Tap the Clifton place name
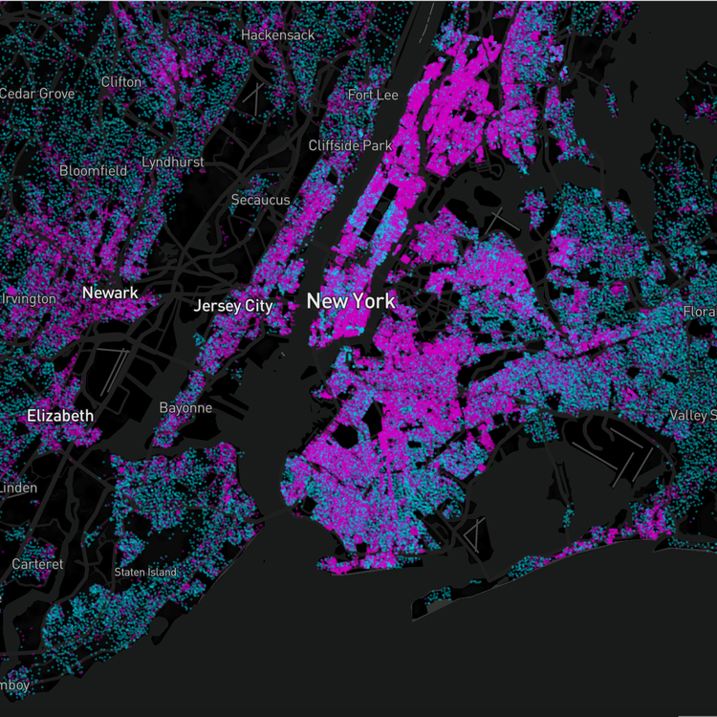click(x=120, y=82)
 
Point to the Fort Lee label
click(x=373, y=96)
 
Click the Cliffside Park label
click(x=350, y=145)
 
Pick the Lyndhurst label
click(x=172, y=163)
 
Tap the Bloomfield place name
click(x=93, y=171)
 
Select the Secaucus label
click(x=260, y=200)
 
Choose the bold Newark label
click(x=110, y=293)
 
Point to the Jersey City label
click(x=233, y=306)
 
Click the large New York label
click(x=350, y=301)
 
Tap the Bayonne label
click(x=185, y=408)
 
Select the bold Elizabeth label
click(x=60, y=416)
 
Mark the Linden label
click(x=19, y=489)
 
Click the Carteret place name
click(x=37, y=564)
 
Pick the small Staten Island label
click(x=145, y=572)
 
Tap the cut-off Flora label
click(x=700, y=313)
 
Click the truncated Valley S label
click(x=693, y=415)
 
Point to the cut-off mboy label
click(x=14, y=684)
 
